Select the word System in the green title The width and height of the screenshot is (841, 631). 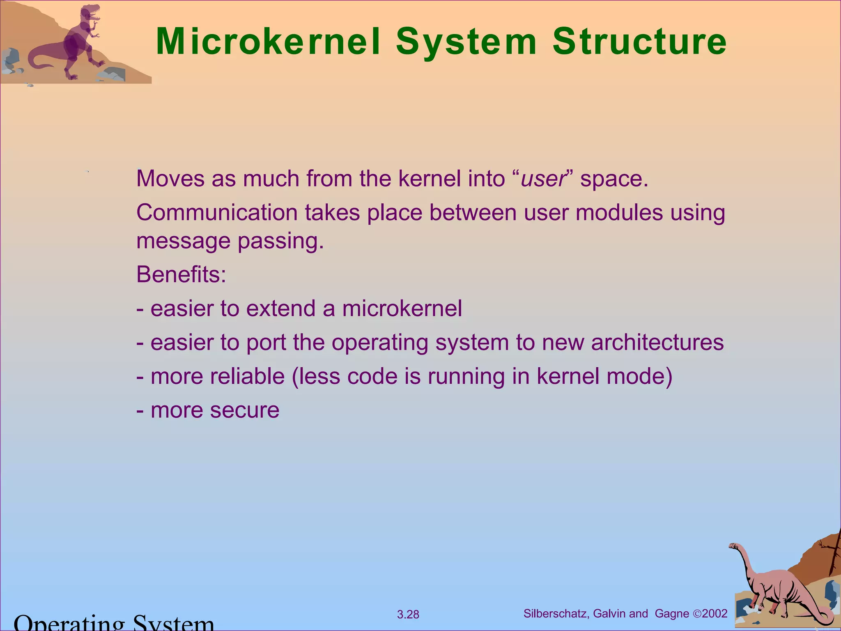click(x=466, y=42)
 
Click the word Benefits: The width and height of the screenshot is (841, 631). click(x=181, y=274)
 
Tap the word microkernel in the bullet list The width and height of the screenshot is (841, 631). click(x=402, y=309)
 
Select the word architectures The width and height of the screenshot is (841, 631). click(x=657, y=343)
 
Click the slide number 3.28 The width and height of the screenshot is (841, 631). click(x=408, y=615)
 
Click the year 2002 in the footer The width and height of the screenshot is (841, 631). click(x=715, y=614)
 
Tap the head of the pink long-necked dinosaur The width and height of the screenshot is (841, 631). click(x=733, y=546)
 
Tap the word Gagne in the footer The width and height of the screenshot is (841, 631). click(x=672, y=614)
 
